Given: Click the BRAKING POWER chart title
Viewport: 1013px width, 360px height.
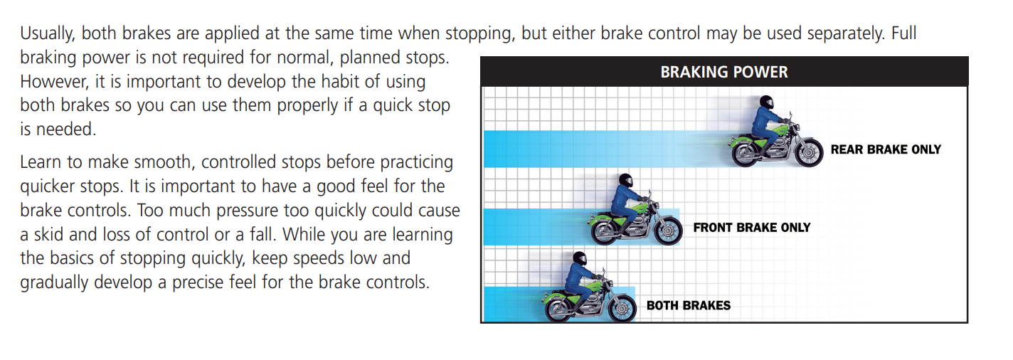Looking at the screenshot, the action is [x=724, y=72].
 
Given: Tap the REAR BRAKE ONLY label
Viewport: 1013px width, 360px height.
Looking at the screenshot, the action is [x=886, y=149].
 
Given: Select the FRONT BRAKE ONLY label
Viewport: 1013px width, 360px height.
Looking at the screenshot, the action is [x=752, y=227].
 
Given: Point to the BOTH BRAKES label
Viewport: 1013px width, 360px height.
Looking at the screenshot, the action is [x=689, y=305].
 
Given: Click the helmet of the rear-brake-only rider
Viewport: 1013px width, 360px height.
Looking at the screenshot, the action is [x=767, y=102].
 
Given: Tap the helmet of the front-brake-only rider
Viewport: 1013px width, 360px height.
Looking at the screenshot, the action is [x=625, y=181].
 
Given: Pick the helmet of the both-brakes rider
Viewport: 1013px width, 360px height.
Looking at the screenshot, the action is [x=579, y=259].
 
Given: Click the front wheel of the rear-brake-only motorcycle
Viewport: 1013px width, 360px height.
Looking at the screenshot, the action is [x=807, y=152].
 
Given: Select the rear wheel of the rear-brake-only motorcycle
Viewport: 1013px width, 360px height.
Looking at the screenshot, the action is [x=747, y=153].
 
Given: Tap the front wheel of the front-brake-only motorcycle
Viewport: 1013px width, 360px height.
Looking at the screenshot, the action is [x=667, y=231].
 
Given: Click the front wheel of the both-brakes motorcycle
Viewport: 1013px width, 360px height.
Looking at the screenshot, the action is [x=622, y=308].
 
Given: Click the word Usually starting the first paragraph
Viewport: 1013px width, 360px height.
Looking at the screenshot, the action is [x=48, y=33].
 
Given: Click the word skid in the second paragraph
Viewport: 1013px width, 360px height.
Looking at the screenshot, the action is [x=48, y=234].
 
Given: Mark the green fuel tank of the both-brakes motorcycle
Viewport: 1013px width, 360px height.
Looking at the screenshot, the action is [x=592, y=286].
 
